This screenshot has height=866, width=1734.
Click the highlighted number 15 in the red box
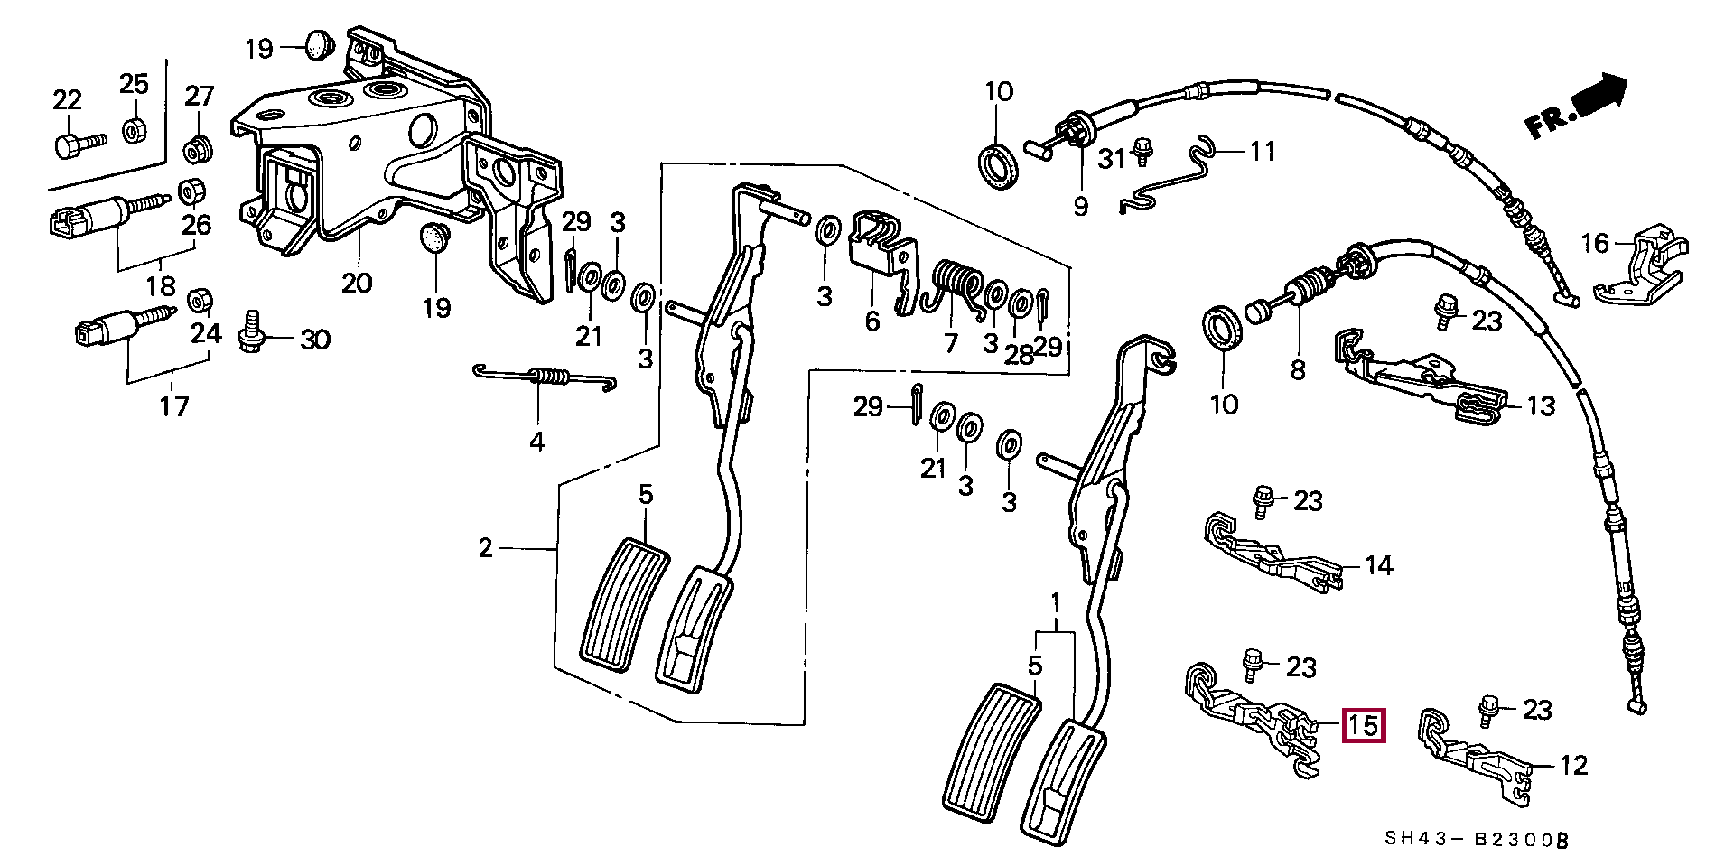pyautogui.click(x=1363, y=725)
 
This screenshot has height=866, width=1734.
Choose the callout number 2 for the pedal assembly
pyautogui.click(x=486, y=547)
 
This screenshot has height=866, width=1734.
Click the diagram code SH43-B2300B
pyautogui.click(x=1476, y=841)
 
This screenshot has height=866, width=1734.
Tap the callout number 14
pyautogui.click(x=1378, y=565)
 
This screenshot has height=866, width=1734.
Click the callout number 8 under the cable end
pyautogui.click(x=1298, y=369)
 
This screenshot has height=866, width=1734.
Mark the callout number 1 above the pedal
pyautogui.click(x=1056, y=601)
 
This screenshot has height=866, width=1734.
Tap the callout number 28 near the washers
pyautogui.click(x=1019, y=354)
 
